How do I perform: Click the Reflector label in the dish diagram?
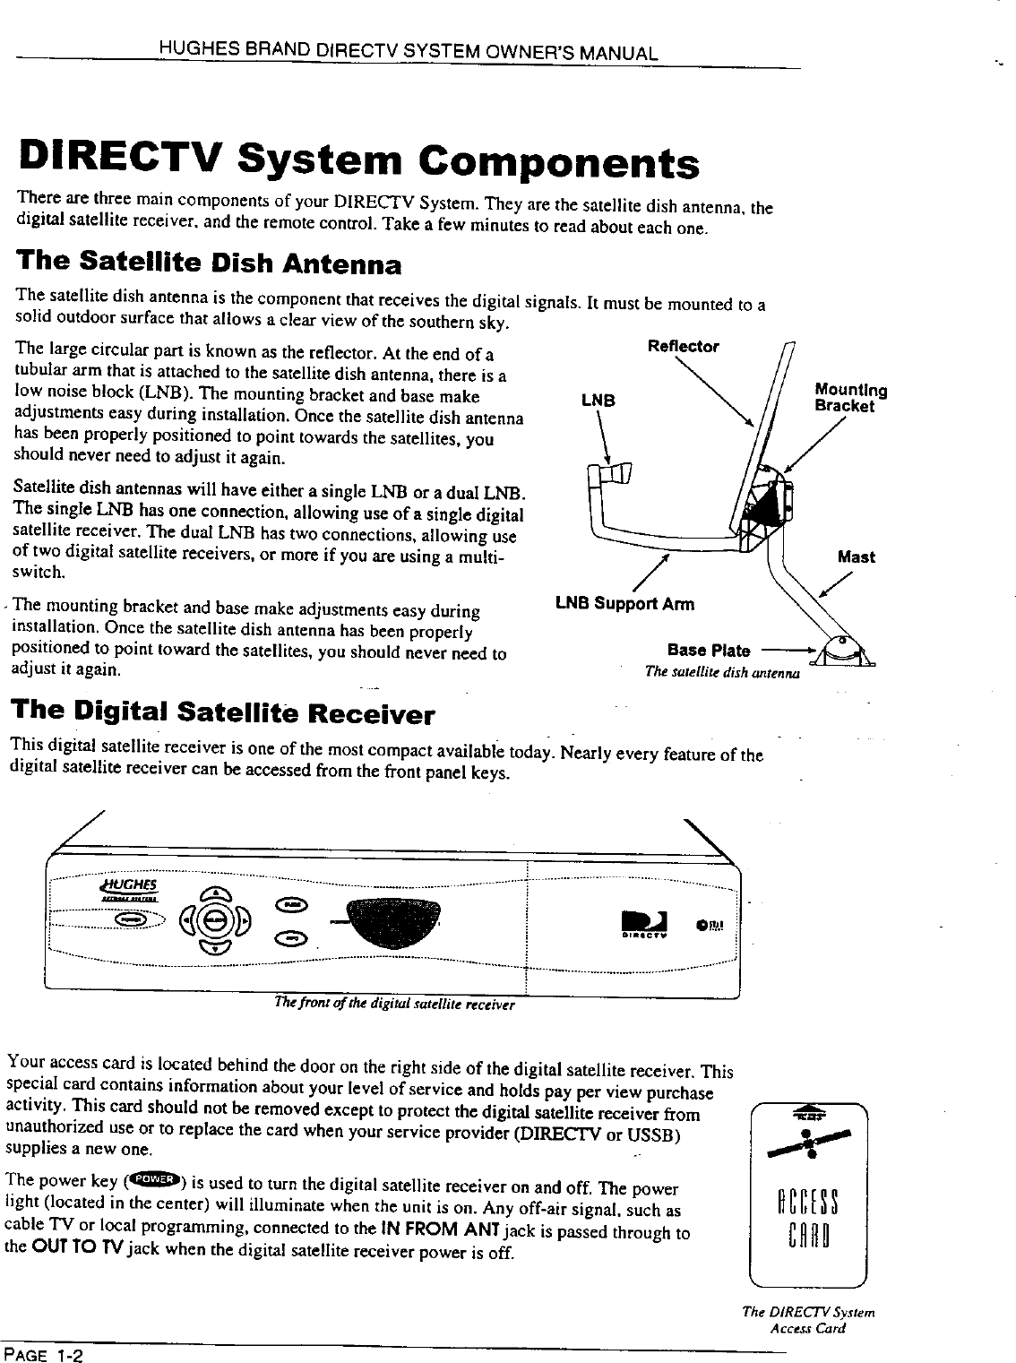pyautogui.click(x=684, y=347)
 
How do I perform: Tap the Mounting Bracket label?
pyautogui.click(x=850, y=399)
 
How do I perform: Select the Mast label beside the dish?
pyautogui.click(x=856, y=557)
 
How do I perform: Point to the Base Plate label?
pyautogui.click(x=709, y=651)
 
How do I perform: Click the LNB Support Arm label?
pyautogui.click(x=624, y=603)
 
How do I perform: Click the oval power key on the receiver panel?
pyautogui.click(x=133, y=919)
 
